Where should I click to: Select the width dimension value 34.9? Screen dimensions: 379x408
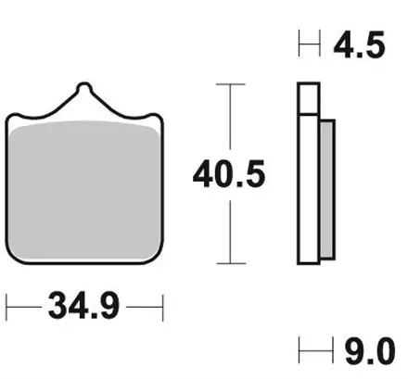(x=84, y=305)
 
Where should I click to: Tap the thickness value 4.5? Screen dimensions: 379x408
(x=363, y=45)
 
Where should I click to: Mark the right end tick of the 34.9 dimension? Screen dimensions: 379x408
(x=162, y=305)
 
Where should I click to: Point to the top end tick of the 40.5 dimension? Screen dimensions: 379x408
(x=230, y=84)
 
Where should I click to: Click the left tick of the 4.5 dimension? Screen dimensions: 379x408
(x=299, y=44)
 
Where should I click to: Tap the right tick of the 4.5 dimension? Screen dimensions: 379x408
(x=320, y=44)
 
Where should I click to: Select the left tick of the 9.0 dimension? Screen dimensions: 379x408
(x=299, y=352)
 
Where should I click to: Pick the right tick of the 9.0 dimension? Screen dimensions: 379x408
(x=335, y=352)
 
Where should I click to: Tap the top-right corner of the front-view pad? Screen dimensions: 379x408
(x=159, y=117)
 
